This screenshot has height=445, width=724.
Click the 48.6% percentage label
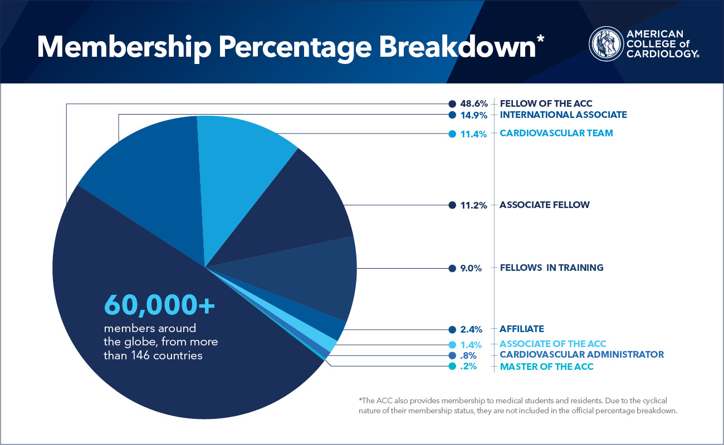[x=474, y=103]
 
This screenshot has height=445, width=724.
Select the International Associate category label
[x=563, y=115]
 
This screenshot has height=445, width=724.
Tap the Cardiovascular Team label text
[x=556, y=133]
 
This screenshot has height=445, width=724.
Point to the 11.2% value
[x=474, y=205]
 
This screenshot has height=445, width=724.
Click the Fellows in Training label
[x=551, y=268]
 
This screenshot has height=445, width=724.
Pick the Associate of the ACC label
[x=552, y=344]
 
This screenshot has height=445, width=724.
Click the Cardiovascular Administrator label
[x=581, y=354]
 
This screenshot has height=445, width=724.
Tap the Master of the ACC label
[x=546, y=367]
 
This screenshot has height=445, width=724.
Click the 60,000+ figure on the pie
[x=159, y=305]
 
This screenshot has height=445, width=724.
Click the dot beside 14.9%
[x=452, y=115]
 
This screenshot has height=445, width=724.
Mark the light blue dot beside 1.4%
[x=452, y=344]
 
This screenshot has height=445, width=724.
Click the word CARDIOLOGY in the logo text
[x=662, y=53]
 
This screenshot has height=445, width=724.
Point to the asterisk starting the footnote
[x=361, y=400]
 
